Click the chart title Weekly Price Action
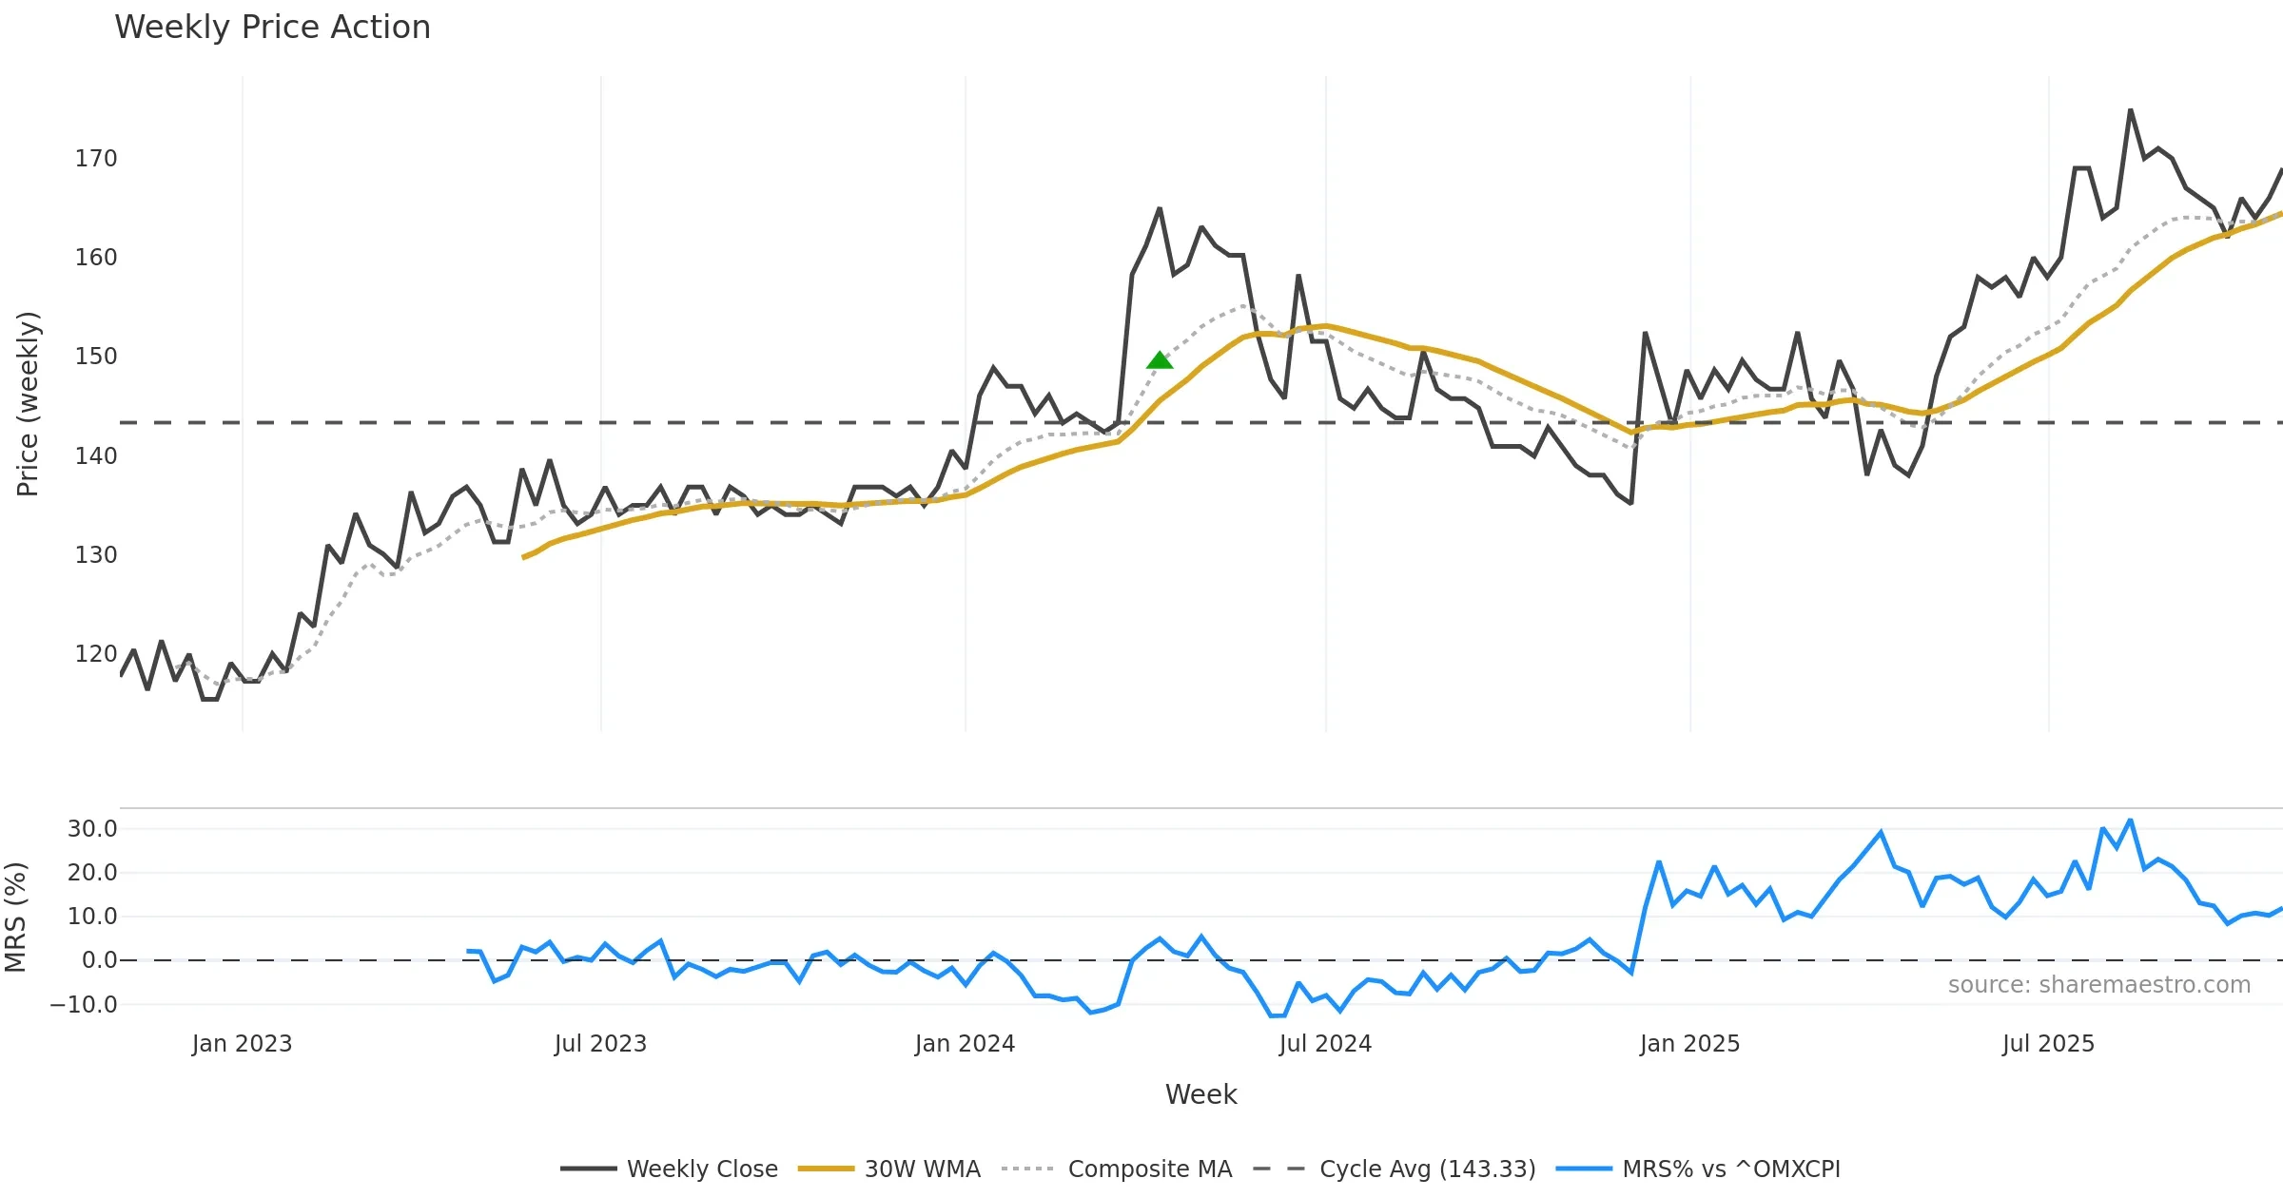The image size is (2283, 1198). [272, 28]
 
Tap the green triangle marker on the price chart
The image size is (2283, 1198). [1160, 360]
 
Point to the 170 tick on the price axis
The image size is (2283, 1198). [96, 159]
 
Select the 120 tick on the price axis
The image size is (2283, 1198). [96, 654]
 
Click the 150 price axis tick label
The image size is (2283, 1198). [96, 357]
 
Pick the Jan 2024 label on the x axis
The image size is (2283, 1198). [965, 1044]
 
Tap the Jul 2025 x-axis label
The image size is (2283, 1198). [2048, 1044]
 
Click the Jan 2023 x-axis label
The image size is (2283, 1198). [242, 1044]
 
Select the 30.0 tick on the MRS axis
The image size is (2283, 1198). [92, 829]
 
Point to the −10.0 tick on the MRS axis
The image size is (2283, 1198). [84, 1005]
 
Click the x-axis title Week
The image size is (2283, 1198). [1200, 1095]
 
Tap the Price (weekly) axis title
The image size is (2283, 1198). [29, 404]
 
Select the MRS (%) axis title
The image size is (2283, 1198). [16, 918]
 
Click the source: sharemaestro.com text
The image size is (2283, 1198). [2098, 985]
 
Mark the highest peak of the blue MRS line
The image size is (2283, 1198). [2131, 820]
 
